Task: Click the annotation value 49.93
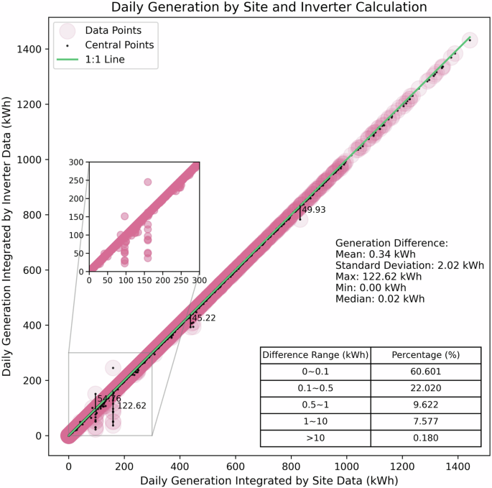[x=314, y=210]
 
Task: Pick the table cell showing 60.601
[x=426, y=372]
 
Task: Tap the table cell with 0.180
[x=426, y=438]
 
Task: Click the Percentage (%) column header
[x=426, y=355]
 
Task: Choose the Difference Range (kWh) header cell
[x=315, y=355]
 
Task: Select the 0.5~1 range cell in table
[x=315, y=405]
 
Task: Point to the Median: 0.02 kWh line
[x=380, y=299]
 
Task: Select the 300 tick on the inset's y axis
[x=75, y=162]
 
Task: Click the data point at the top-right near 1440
[x=469, y=40]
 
